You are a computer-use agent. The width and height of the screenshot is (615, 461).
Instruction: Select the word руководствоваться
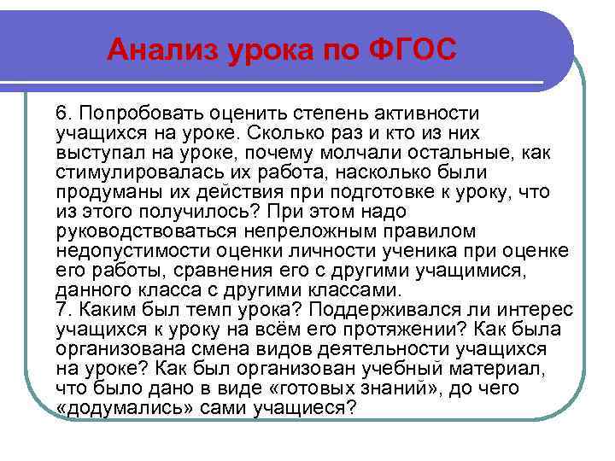point(138,231)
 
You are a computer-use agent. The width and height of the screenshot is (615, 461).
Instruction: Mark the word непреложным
point(302,231)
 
